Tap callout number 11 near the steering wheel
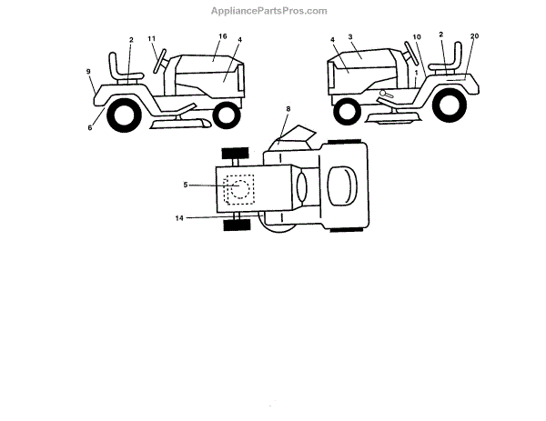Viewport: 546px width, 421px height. tap(152, 39)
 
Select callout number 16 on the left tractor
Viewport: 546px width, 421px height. tap(222, 35)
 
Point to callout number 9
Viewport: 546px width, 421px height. tap(89, 71)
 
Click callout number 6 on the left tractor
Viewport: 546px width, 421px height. tap(90, 128)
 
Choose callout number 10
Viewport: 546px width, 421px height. tap(416, 37)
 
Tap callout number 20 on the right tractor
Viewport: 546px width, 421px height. tap(474, 35)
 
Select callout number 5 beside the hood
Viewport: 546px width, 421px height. tap(186, 185)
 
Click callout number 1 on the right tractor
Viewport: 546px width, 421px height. tap(416, 71)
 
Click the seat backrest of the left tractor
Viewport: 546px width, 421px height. tap(116, 66)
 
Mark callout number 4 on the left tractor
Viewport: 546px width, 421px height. tap(239, 40)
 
